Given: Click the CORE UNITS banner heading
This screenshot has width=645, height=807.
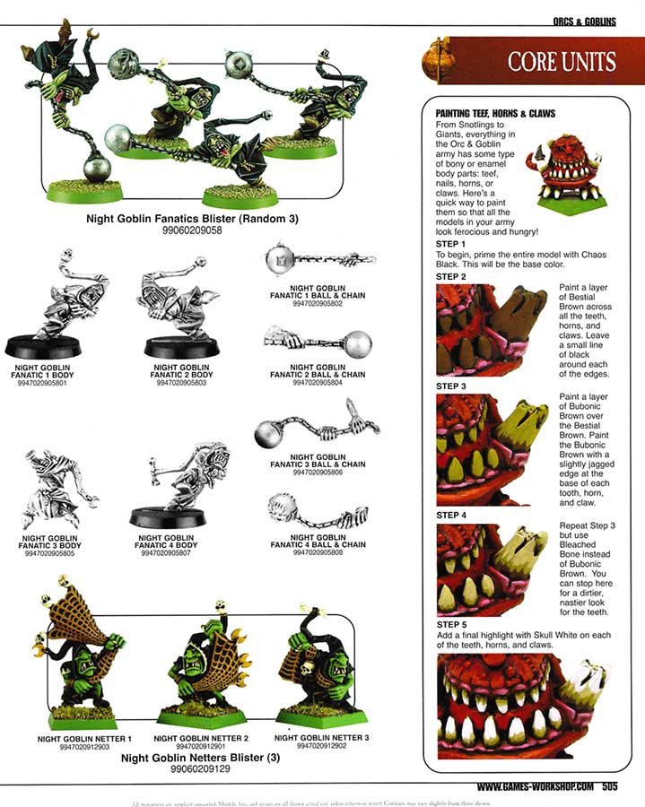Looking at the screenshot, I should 561,62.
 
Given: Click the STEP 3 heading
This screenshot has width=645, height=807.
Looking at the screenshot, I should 450,386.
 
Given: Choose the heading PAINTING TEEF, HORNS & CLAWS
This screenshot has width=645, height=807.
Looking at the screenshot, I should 495,114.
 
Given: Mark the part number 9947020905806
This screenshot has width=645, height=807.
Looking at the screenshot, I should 316,472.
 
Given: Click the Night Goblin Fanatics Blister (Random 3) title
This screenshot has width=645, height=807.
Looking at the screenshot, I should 192,218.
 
